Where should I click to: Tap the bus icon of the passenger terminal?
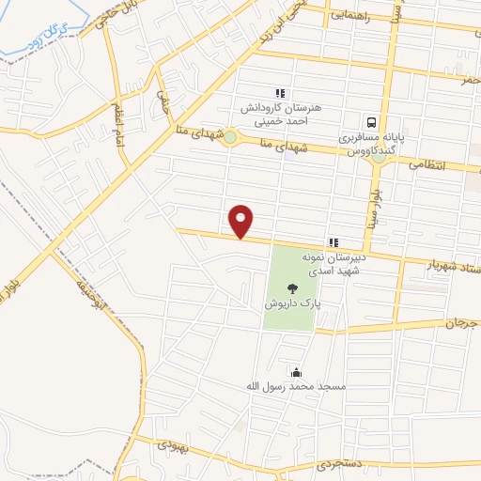tap(373, 121)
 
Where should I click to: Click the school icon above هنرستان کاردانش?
tap(279, 92)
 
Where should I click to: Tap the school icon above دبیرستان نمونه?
tap(333, 241)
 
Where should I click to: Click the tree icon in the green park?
tap(292, 289)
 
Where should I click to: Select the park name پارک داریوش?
tap(291, 305)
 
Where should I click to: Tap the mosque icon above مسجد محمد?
tap(297, 371)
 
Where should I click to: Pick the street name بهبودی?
tap(174, 445)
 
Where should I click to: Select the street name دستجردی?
tap(336, 464)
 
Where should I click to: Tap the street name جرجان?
tap(462, 322)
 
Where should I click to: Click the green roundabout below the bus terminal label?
tap(378, 157)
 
